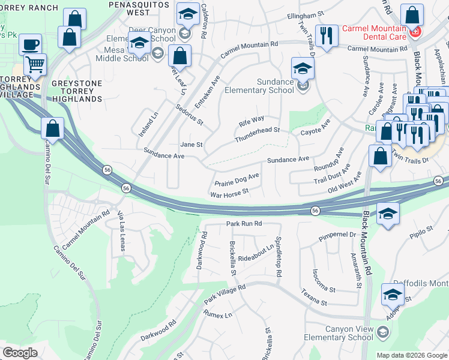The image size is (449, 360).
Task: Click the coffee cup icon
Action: pos(30,43)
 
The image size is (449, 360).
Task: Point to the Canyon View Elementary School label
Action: pos(349,333)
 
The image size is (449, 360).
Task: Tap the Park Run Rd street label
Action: pos(244,223)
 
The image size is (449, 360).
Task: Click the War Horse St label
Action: pos(229,193)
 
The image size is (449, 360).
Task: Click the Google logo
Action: pos(20,353)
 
